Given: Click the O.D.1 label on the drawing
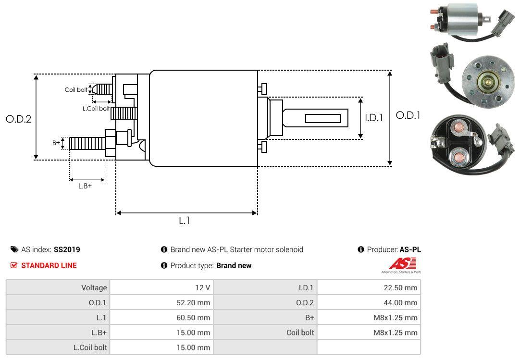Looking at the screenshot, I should click(408, 116).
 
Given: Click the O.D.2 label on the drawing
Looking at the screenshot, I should click(18, 119).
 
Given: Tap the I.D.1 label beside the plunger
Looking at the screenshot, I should click(373, 118).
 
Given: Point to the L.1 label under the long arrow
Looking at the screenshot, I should click(185, 221).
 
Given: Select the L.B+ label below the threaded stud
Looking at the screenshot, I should click(85, 186).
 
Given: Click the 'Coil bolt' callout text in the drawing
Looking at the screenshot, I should click(76, 90).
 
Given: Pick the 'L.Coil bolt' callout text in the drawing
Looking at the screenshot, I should click(96, 109).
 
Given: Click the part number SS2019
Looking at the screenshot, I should click(67, 249).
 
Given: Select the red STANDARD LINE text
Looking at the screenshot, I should click(49, 265).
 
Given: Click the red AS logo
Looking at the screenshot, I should click(402, 264).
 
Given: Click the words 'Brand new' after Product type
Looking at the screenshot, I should click(234, 265).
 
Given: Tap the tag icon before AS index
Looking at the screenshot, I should click(14, 249).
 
